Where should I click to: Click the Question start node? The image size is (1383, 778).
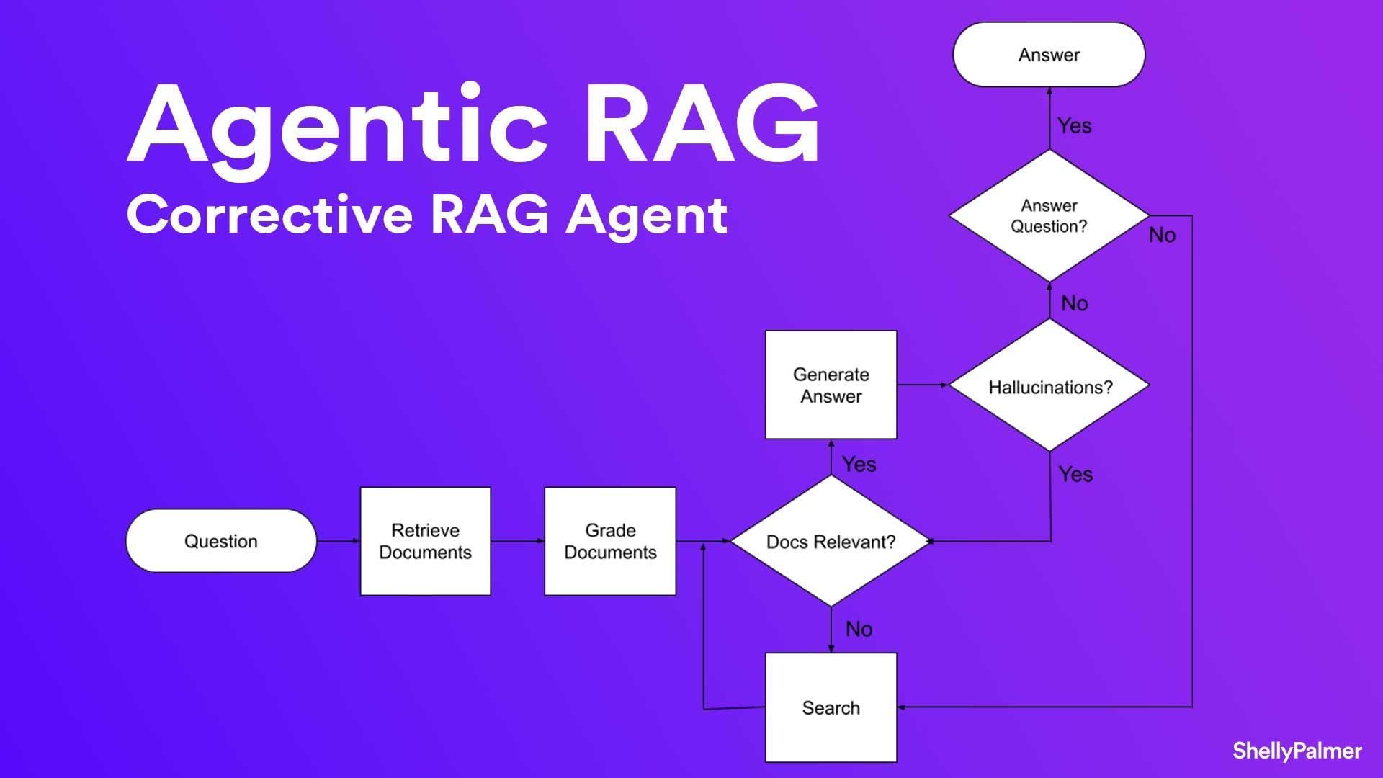[x=221, y=541]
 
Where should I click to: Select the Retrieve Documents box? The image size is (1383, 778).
[x=425, y=541]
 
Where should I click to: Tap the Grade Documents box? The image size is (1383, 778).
[x=610, y=541]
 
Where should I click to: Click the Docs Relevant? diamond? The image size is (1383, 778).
[x=831, y=541]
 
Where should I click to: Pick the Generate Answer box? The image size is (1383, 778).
[x=831, y=385]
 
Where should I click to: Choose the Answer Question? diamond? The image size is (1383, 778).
[x=1049, y=215]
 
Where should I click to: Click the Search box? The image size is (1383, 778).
[x=831, y=707]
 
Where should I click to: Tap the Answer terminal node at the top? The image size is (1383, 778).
[x=1049, y=55]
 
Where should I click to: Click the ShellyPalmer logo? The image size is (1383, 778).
[x=1297, y=751]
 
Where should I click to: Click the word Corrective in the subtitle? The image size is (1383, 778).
[x=269, y=215]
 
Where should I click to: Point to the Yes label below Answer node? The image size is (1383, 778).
[x=1074, y=125]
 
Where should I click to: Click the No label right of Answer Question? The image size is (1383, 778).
[x=1162, y=235]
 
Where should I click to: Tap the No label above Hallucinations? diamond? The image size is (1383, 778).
[x=1074, y=303]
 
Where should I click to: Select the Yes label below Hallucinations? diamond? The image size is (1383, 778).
[x=1075, y=474]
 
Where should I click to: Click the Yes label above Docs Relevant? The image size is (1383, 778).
[x=859, y=464]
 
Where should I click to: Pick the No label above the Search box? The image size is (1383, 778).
[x=859, y=629]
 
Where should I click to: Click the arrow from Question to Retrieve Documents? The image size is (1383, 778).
[x=338, y=541]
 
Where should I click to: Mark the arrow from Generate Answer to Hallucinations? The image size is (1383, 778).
[x=923, y=385]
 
